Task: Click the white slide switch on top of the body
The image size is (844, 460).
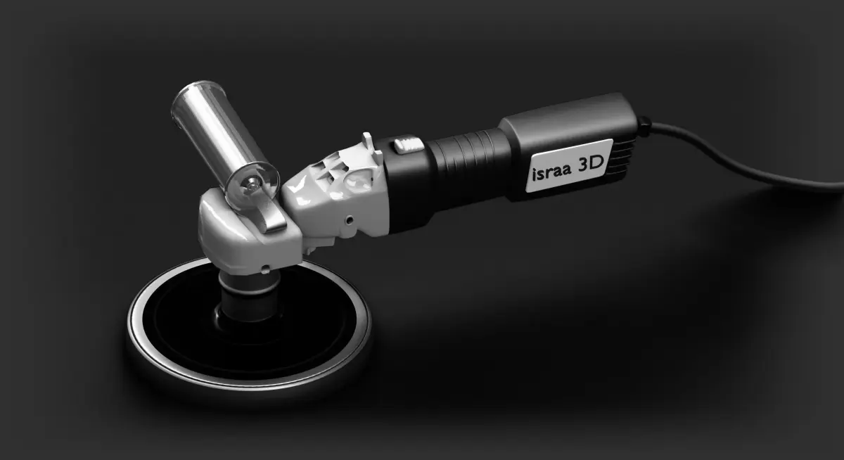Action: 409,145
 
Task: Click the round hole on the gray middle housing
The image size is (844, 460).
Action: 350,219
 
